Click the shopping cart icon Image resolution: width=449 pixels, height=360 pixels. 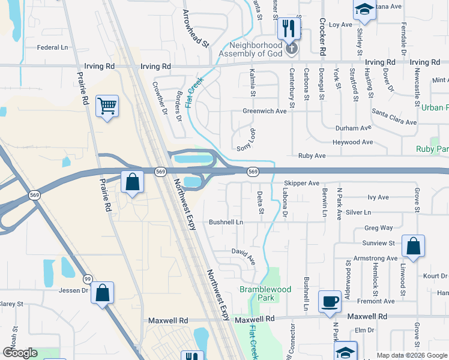[x=107, y=106]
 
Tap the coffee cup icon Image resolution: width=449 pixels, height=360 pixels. [x=329, y=301]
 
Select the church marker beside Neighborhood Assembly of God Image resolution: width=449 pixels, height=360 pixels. [x=292, y=49]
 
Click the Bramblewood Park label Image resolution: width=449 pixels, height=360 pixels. [x=265, y=293]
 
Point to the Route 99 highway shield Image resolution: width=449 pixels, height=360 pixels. [x=88, y=279]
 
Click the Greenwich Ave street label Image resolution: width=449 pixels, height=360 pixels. [x=265, y=111]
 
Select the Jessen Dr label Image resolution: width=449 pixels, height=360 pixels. [x=74, y=290]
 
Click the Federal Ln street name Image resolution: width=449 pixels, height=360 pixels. [x=53, y=47]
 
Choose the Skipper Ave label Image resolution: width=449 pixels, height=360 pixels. [x=301, y=183]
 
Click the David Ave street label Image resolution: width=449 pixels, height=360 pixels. [x=244, y=256]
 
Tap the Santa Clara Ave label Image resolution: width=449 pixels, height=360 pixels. [x=394, y=118]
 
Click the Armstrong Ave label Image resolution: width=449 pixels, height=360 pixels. [x=376, y=259]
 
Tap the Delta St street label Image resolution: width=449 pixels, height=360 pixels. [x=261, y=202]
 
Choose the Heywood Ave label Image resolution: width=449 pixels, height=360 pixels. [x=354, y=142]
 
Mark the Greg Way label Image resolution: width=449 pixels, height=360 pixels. [x=379, y=228]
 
